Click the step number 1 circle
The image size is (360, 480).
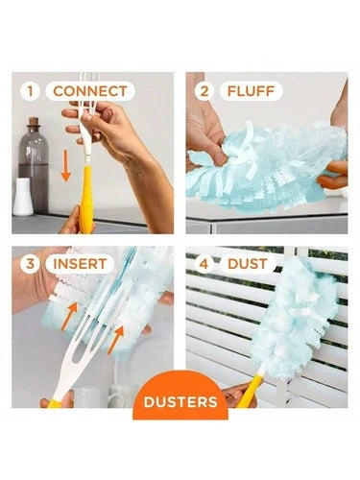pyautogui.click(x=32, y=92)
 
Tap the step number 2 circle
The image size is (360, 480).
pyautogui.click(x=204, y=92)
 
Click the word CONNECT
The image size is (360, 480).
pyautogui.click(x=89, y=92)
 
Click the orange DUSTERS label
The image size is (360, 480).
pyautogui.click(x=180, y=401)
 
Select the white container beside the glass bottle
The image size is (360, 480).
pyautogui.click(x=22, y=196)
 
